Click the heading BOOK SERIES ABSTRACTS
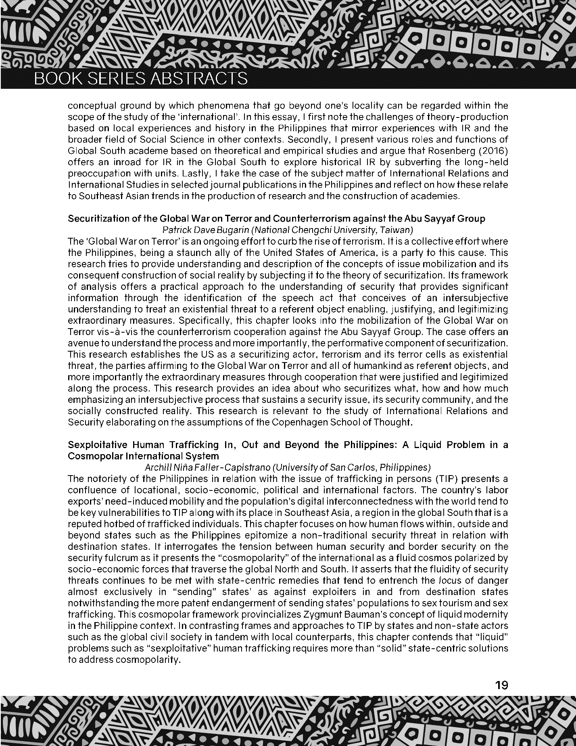141,79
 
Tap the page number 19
501,685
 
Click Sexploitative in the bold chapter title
97,445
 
